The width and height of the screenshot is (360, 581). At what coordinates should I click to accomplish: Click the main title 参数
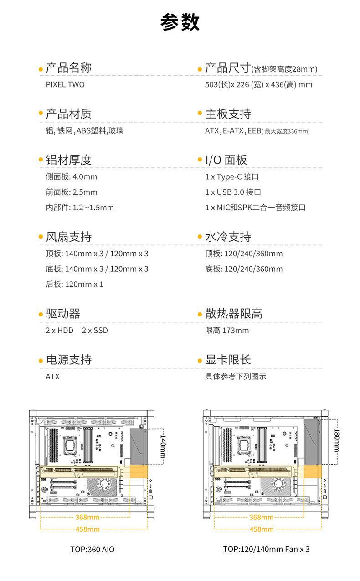180,22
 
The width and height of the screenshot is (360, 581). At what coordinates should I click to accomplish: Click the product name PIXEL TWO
65,84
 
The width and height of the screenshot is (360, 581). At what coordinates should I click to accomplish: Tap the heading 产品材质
68,114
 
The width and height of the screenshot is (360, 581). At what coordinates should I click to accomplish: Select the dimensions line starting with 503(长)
258,84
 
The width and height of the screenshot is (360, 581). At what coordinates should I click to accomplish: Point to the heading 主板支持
228,114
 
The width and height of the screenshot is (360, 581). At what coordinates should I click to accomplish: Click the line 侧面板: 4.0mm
72,176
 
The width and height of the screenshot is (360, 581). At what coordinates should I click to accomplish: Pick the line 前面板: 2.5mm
72,192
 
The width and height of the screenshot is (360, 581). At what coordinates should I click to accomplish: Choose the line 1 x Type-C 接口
232,176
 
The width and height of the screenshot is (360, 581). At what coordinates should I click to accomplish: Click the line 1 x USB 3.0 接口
233,192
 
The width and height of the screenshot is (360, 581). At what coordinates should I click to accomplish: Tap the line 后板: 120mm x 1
75,284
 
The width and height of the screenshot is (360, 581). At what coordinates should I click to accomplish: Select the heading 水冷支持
228,237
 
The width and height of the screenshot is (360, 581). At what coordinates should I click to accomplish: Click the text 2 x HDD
59,330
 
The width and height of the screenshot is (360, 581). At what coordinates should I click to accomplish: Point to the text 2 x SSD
95,330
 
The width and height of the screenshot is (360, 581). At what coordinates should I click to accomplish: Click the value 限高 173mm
227,330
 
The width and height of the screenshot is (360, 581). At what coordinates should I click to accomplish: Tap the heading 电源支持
68,359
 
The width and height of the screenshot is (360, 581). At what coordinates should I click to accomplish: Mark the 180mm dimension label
337,440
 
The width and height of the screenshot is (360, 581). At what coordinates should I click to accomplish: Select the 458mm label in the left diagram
87,529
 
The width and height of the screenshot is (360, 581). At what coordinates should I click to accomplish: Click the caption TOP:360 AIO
93,550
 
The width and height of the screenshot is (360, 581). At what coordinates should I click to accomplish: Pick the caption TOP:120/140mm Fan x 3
266,549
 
